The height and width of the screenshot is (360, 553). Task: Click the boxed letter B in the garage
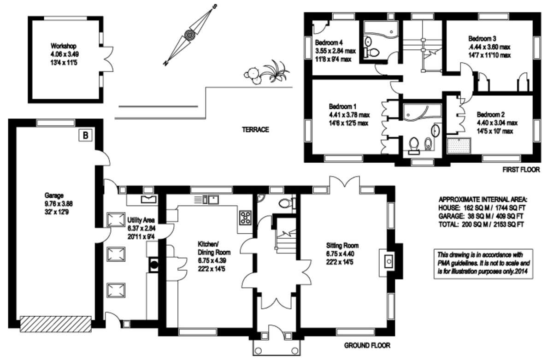[x=85, y=135]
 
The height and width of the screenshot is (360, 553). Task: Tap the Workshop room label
[x=64, y=46]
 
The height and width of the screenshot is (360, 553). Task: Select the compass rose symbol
[x=189, y=34]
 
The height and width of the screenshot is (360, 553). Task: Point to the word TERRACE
[x=255, y=130]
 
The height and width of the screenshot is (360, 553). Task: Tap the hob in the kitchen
[x=245, y=217]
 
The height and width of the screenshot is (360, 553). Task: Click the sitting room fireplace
[x=388, y=261]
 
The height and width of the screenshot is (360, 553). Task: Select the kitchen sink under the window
[x=212, y=200]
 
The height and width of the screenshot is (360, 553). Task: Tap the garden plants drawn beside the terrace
[x=267, y=73]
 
